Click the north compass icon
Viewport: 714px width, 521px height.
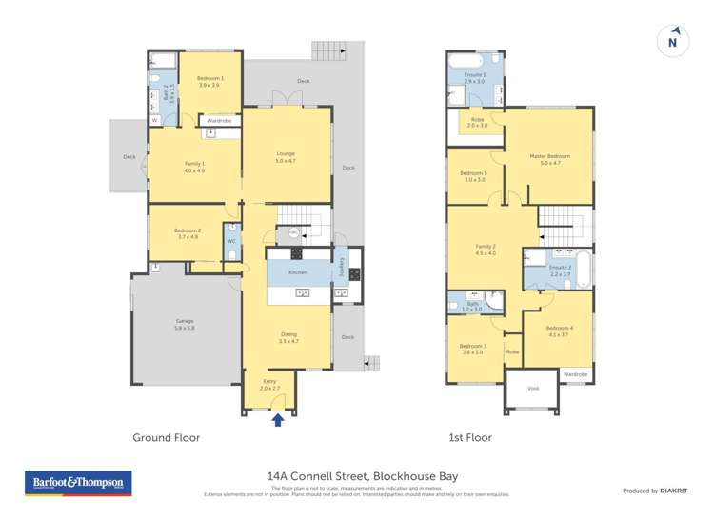tap(673, 41)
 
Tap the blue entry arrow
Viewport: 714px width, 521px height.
tap(278, 419)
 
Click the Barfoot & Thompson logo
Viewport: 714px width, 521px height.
tap(77, 484)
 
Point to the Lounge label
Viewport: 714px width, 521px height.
tap(286, 156)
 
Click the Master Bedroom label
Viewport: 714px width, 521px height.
tap(550, 159)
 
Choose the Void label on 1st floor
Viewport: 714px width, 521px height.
tap(533, 388)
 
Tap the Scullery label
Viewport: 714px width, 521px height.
tap(340, 269)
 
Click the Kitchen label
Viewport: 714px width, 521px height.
tap(298, 272)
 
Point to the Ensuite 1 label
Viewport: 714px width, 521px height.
tap(474, 77)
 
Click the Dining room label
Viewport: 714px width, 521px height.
tap(288, 337)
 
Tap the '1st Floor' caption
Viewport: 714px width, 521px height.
tap(471, 438)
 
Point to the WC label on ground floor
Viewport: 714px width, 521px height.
tap(231, 241)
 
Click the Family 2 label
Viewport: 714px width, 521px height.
tap(486, 250)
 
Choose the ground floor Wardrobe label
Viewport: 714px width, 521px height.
tap(220, 121)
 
